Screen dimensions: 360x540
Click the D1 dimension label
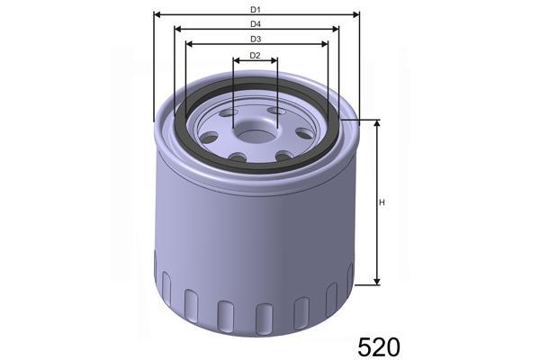(256, 9)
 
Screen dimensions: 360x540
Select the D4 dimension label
(256, 23)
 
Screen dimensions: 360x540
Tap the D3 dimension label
(256, 39)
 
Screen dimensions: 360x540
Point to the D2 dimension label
(256, 56)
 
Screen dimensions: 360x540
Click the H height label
(383, 202)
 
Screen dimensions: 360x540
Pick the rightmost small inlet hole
(303, 134)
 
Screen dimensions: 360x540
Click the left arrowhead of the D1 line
(157, 14)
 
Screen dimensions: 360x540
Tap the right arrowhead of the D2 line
(275, 61)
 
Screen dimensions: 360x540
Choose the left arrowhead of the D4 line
(176, 29)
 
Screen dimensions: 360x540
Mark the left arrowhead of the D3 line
(187, 44)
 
